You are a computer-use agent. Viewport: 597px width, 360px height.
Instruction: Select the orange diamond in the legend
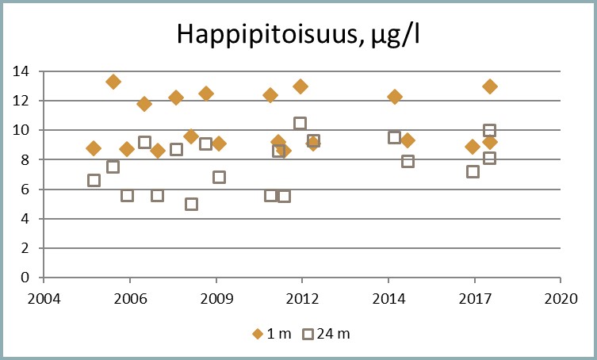pos(257,334)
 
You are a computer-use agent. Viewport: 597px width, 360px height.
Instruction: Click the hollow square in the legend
pos(308,334)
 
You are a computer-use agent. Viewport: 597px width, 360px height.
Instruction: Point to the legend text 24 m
pos(333,334)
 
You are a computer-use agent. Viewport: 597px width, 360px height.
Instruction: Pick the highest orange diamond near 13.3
pos(113,82)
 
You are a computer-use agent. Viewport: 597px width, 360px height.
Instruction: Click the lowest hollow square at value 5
pos(191,204)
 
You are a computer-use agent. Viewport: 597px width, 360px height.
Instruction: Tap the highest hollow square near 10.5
pos(300,124)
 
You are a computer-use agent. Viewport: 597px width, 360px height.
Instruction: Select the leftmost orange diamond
pos(94,148)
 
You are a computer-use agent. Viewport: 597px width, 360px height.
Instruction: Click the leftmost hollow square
pos(94,180)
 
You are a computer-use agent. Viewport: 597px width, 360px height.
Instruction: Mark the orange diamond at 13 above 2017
pos(490,86)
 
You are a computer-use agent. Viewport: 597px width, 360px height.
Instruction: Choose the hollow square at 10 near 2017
pos(490,131)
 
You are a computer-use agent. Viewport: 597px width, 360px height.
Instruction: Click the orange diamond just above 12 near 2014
pos(395,97)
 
